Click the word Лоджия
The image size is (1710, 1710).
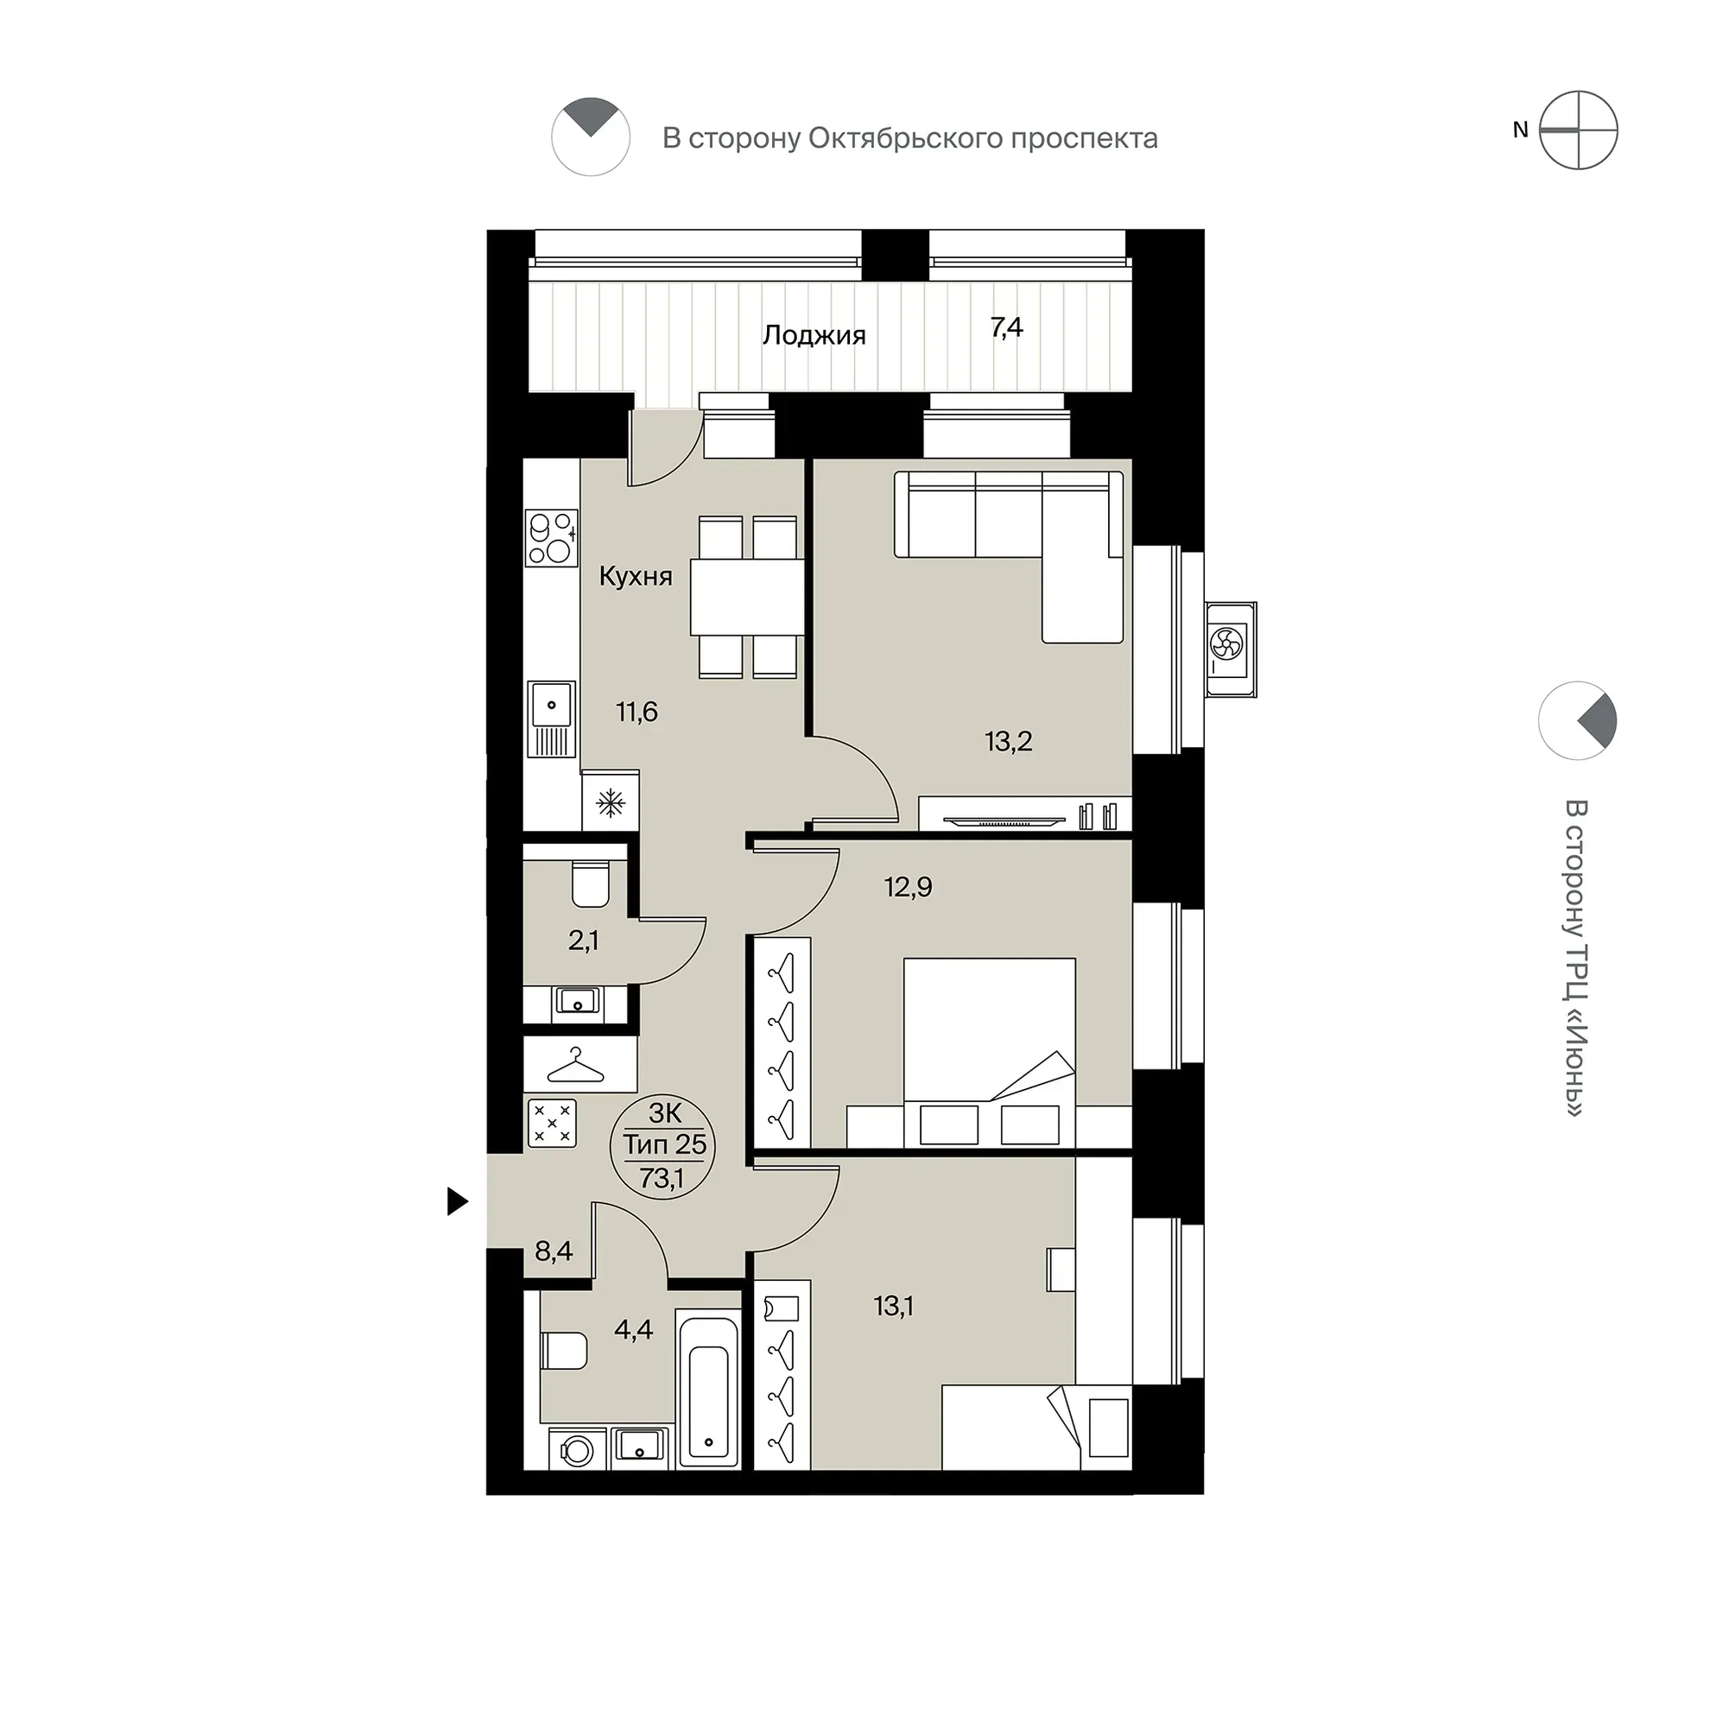pyautogui.click(x=814, y=335)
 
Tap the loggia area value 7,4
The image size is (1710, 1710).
pyautogui.click(x=1006, y=327)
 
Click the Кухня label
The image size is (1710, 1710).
pyautogui.click(x=636, y=576)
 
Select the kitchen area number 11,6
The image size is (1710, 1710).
pyautogui.click(x=637, y=711)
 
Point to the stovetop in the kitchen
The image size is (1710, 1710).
pyautogui.click(x=551, y=537)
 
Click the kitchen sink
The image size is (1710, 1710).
pyautogui.click(x=551, y=719)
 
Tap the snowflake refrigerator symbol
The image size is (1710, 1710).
pyautogui.click(x=610, y=804)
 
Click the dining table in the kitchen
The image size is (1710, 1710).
pyautogui.click(x=747, y=598)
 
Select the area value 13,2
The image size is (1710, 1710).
pyautogui.click(x=1008, y=741)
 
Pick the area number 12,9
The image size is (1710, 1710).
pyautogui.click(x=908, y=886)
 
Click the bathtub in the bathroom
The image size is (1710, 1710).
pyautogui.click(x=708, y=1388)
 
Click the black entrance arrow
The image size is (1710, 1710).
pyautogui.click(x=457, y=1201)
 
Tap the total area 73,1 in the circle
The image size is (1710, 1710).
pyautogui.click(x=662, y=1180)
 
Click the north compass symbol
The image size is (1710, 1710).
pyautogui.click(x=1578, y=130)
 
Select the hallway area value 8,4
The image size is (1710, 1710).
pyautogui.click(x=554, y=1251)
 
